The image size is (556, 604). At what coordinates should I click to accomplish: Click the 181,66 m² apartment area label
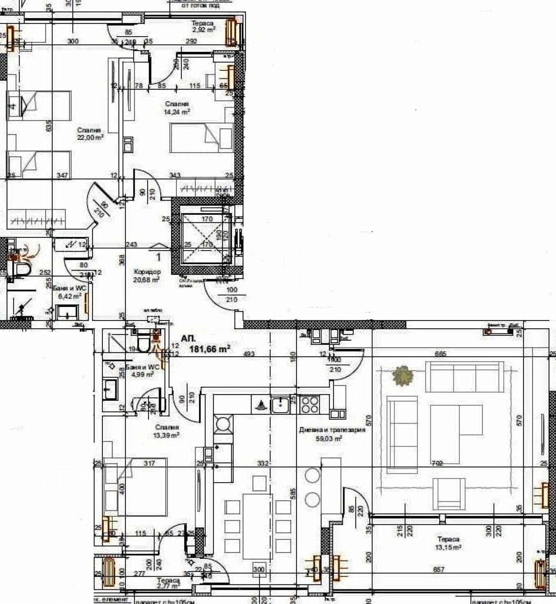(x=210, y=349)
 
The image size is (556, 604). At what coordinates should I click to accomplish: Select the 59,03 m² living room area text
(x=328, y=438)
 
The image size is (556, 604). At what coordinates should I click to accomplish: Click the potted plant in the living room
(x=402, y=376)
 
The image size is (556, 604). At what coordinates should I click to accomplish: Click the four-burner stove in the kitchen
(x=310, y=404)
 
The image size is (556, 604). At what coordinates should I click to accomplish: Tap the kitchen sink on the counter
(x=280, y=405)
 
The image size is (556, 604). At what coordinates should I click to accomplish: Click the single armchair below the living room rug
(x=449, y=493)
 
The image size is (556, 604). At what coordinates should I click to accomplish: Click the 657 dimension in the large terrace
(x=439, y=570)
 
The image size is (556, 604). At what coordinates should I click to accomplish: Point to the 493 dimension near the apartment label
(x=249, y=354)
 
